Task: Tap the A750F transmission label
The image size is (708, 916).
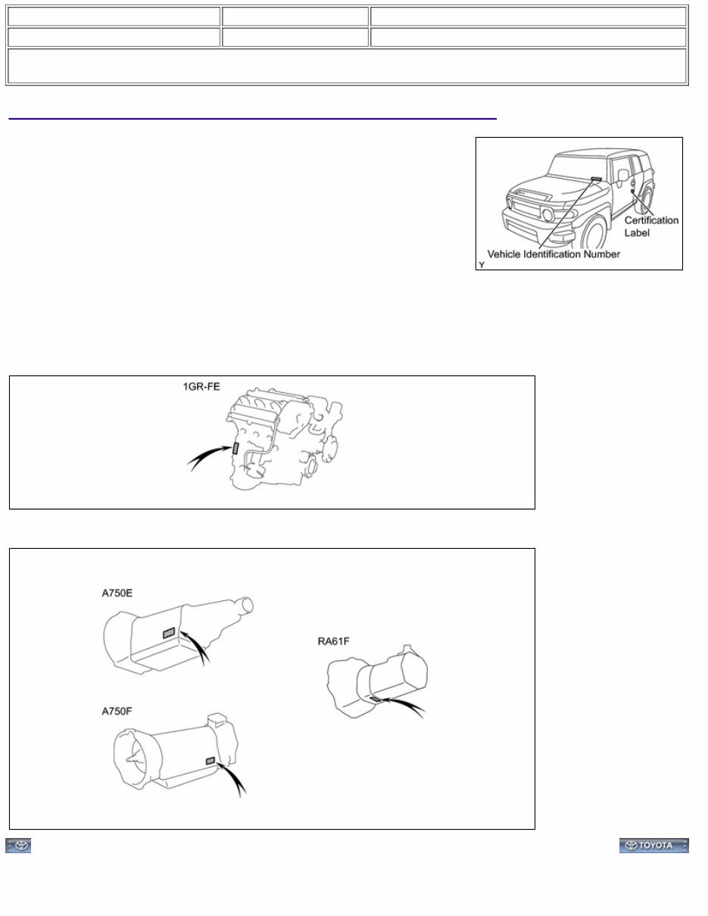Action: [119, 711]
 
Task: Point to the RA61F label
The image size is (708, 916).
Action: [333, 642]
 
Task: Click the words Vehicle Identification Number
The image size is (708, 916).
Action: [553, 254]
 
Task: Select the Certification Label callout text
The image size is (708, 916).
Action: [650, 226]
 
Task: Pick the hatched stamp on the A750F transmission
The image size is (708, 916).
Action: [210, 760]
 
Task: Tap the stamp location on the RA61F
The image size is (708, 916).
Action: [375, 699]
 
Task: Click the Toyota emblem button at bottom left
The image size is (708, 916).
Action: [19, 846]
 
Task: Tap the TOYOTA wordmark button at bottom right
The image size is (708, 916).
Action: [653, 846]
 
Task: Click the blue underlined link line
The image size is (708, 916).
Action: [252, 118]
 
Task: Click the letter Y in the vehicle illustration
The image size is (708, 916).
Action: [482, 265]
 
